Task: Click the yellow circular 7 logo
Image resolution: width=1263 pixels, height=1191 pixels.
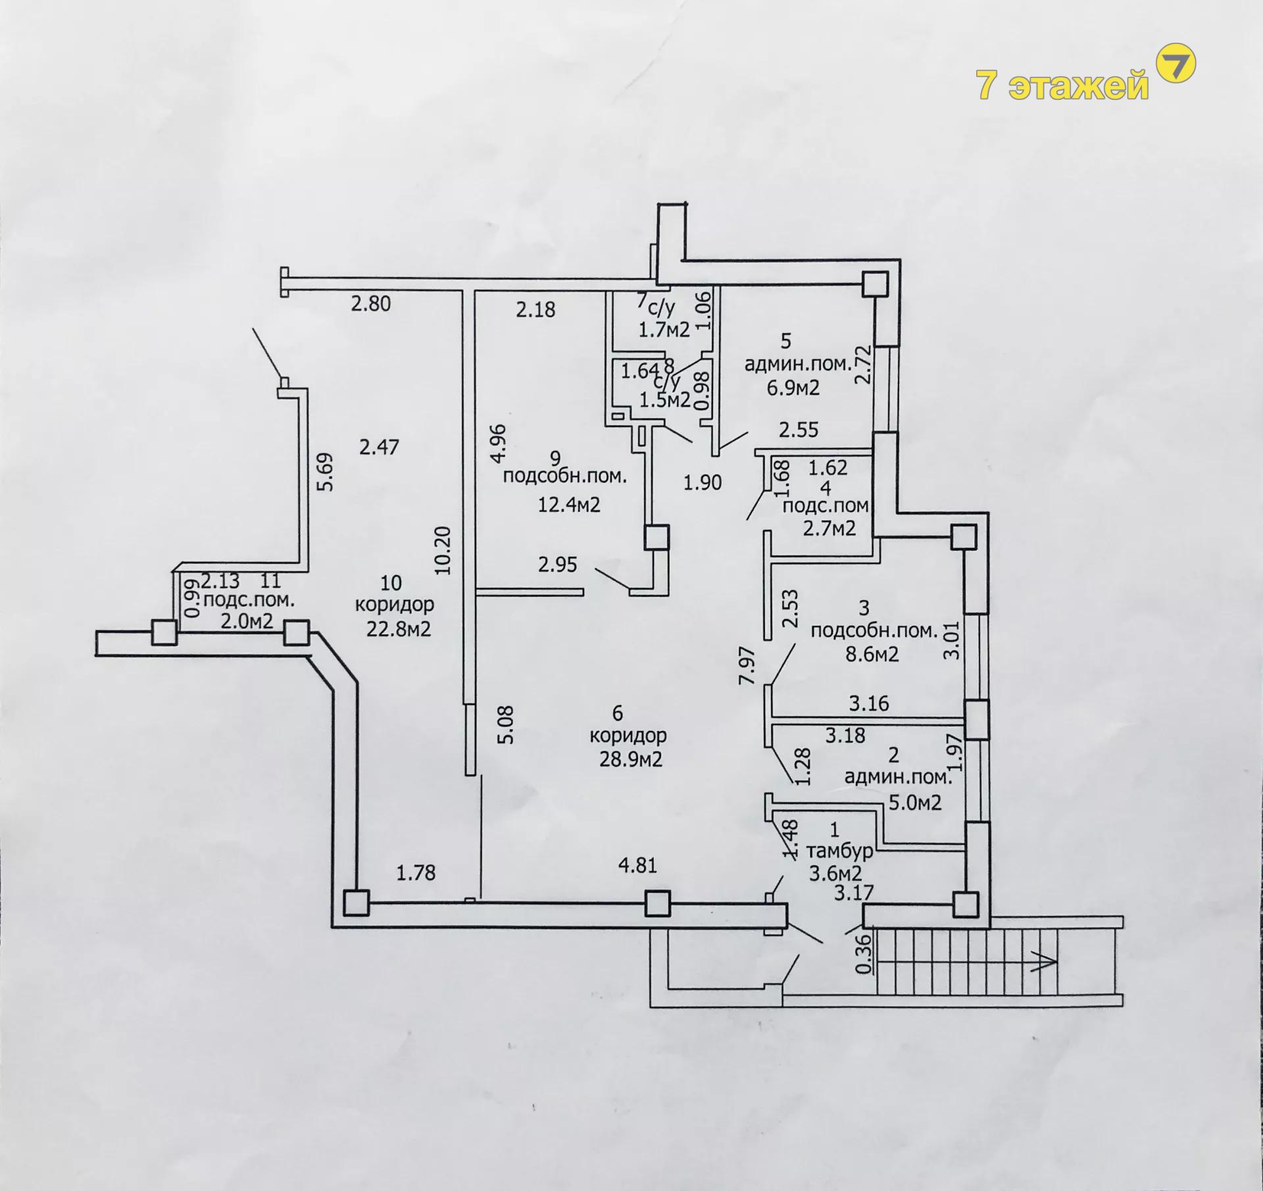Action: tap(1176, 64)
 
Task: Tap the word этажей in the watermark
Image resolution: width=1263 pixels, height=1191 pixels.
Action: tap(1079, 86)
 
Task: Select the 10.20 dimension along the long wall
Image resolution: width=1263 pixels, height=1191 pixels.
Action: tap(444, 550)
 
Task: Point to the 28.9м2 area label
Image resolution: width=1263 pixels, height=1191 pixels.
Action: tap(630, 759)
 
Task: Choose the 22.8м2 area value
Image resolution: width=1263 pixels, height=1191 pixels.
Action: tap(399, 629)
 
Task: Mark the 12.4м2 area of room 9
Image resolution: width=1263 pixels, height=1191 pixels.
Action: tap(569, 505)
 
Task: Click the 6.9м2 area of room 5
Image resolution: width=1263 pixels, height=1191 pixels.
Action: tap(793, 388)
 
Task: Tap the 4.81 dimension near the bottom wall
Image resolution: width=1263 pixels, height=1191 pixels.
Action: tap(638, 865)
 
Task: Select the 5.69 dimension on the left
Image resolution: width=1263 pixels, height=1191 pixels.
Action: tap(326, 471)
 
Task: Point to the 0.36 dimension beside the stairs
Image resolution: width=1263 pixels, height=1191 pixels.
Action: tap(865, 954)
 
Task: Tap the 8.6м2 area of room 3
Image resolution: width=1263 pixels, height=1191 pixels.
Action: tap(872, 654)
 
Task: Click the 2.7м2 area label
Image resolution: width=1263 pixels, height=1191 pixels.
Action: tap(830, 528)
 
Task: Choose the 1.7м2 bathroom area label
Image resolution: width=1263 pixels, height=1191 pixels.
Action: tap(664, 329)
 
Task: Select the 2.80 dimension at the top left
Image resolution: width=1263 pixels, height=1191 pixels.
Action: tap(371, 303)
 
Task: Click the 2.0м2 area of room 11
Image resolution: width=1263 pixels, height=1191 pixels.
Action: tap(247, 621)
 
